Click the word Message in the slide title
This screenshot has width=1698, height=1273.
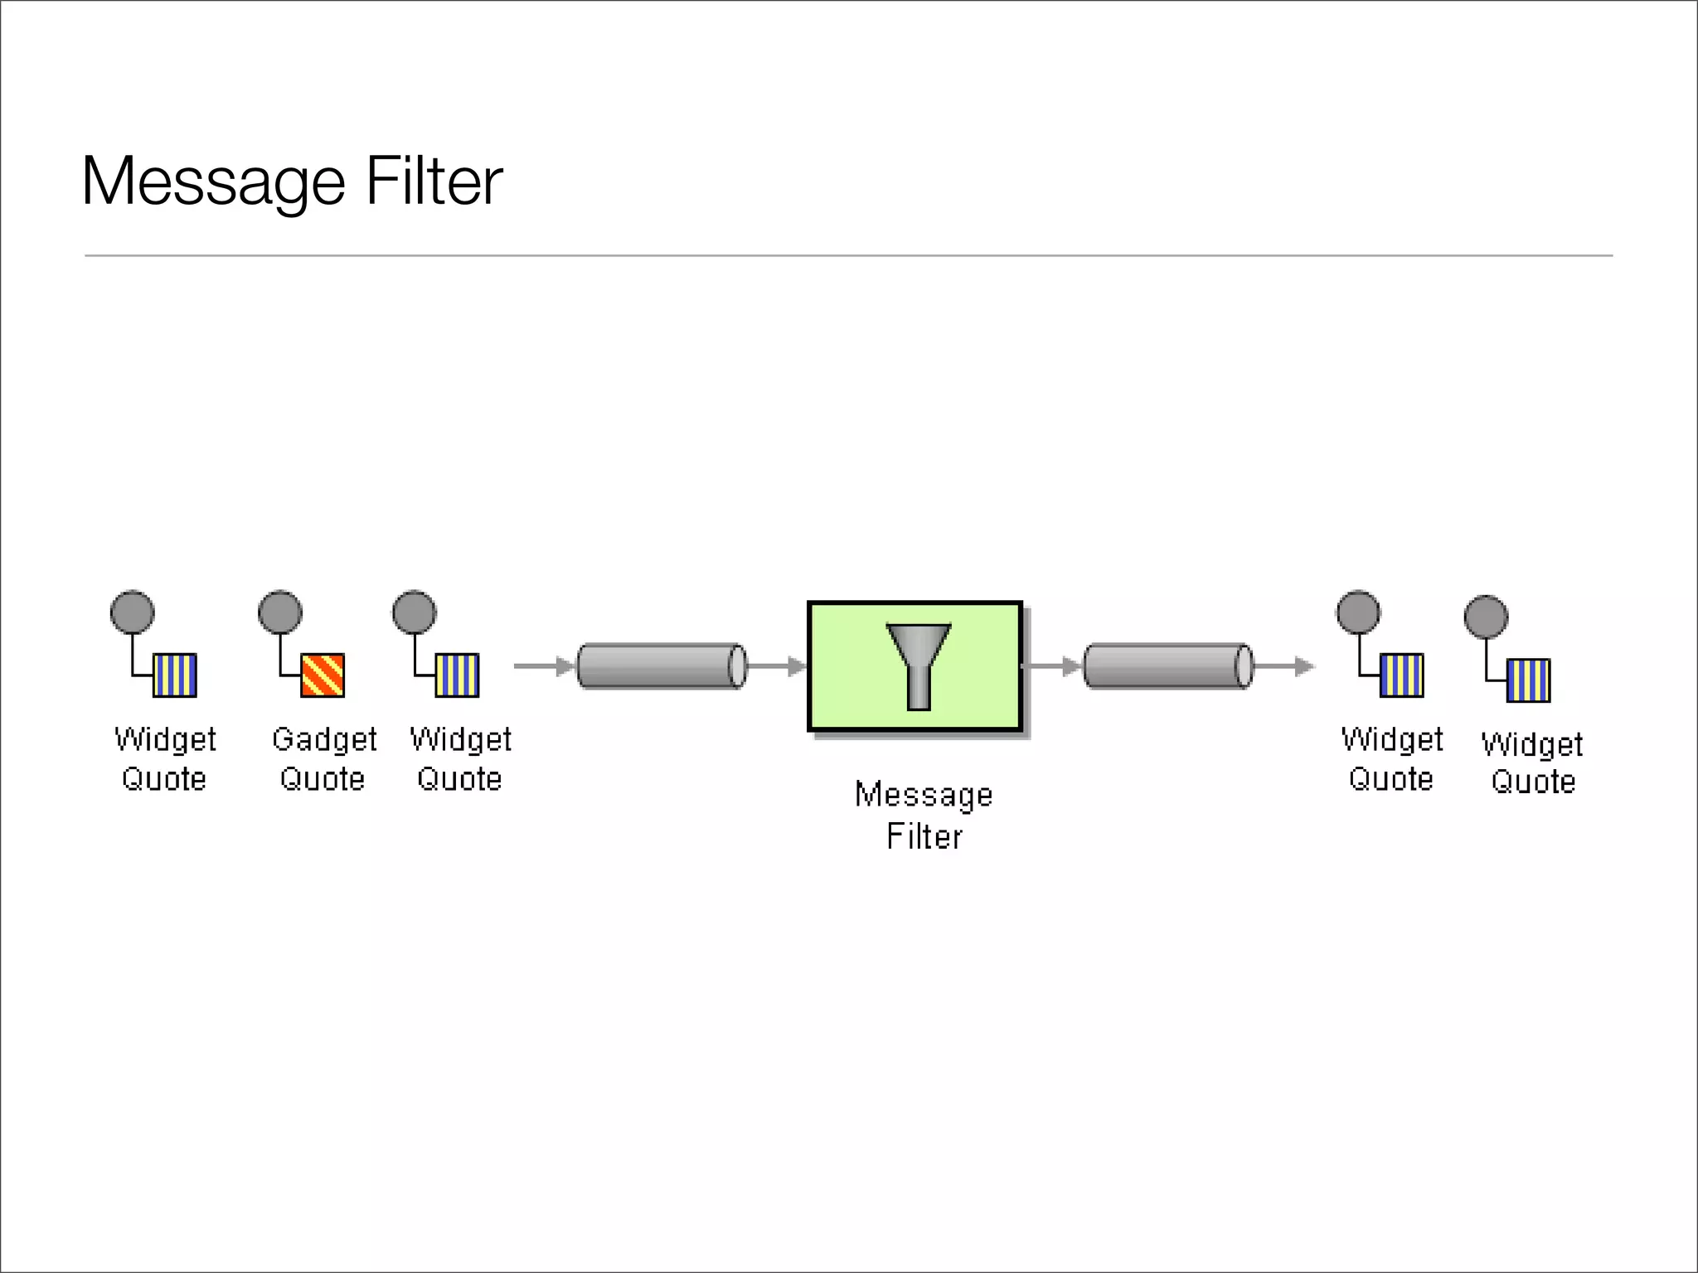point(213,182)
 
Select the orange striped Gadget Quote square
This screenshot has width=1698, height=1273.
point(323,675)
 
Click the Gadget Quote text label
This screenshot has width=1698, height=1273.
point(323,758)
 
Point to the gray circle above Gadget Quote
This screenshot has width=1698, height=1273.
point(280,612)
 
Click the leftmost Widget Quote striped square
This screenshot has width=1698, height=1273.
point(175,675)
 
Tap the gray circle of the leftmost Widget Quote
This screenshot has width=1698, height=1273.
point(133,612)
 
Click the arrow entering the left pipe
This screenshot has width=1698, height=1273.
point(544,666)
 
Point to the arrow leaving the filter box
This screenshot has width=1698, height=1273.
point(1051,666)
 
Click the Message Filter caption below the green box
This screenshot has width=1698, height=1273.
point(924,815)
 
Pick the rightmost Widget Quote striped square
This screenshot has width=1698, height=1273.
point(1528,680)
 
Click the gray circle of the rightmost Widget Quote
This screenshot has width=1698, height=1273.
point(1486,617)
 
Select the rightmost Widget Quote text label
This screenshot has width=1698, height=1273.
point(1532,762)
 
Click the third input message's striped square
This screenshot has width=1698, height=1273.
point(457,675)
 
